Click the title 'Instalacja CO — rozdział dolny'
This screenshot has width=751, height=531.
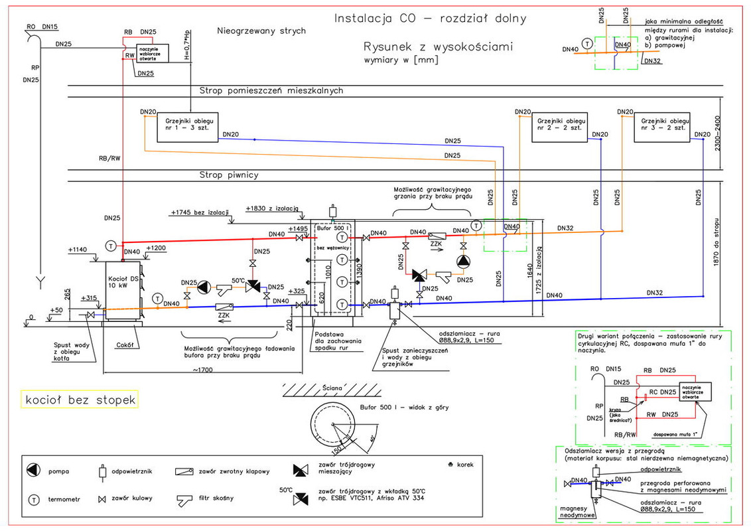click(x=431, y=19)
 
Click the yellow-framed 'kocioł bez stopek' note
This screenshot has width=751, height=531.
click(x=80, y=400)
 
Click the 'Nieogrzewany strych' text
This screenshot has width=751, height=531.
click(x=261, y=31)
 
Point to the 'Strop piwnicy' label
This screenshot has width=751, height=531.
click(x=229, y=175)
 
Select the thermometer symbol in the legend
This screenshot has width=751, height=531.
click(x=32, y=498)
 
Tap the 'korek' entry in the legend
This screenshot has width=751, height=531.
click(x=463, y=465)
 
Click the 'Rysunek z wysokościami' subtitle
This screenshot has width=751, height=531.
click(x=438, y=47)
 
